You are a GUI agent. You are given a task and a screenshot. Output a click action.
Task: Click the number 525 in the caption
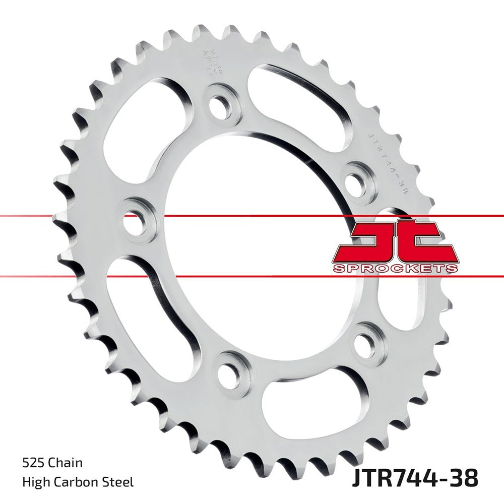tap(33, 462)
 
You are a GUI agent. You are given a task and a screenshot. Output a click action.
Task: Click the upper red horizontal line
tap(252, 216)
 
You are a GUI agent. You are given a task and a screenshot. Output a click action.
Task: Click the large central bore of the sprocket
tap(252, 242)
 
